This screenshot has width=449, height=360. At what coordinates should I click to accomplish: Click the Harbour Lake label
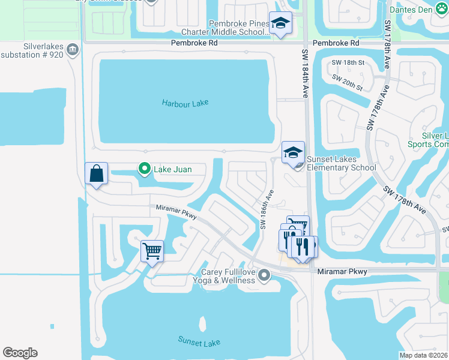(x=185, y=103)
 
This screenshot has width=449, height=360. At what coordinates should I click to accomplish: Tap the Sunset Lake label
(x=199, y=341)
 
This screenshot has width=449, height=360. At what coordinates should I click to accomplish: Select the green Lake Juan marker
(x=144, y=169)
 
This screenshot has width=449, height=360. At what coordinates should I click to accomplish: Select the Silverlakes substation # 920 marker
(x=73, y=49)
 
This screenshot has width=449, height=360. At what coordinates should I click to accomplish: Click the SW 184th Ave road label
(x=304, y=74)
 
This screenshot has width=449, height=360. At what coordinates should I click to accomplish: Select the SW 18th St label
(x=348, y=62)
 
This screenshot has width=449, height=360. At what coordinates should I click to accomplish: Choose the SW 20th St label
(x=348, y=83)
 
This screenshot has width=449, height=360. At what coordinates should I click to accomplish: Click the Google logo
(x=20, y=353)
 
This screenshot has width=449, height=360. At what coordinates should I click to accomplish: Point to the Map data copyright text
(x=423, y=355)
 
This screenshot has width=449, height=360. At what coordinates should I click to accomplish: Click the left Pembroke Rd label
(x=194, y=44)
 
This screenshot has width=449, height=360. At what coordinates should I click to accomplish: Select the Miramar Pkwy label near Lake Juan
(x=176, y=211)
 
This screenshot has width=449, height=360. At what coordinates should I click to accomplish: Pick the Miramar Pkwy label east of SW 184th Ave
(x=342, y=272)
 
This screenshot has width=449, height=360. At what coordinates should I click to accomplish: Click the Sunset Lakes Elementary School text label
(x=341, y=163)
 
